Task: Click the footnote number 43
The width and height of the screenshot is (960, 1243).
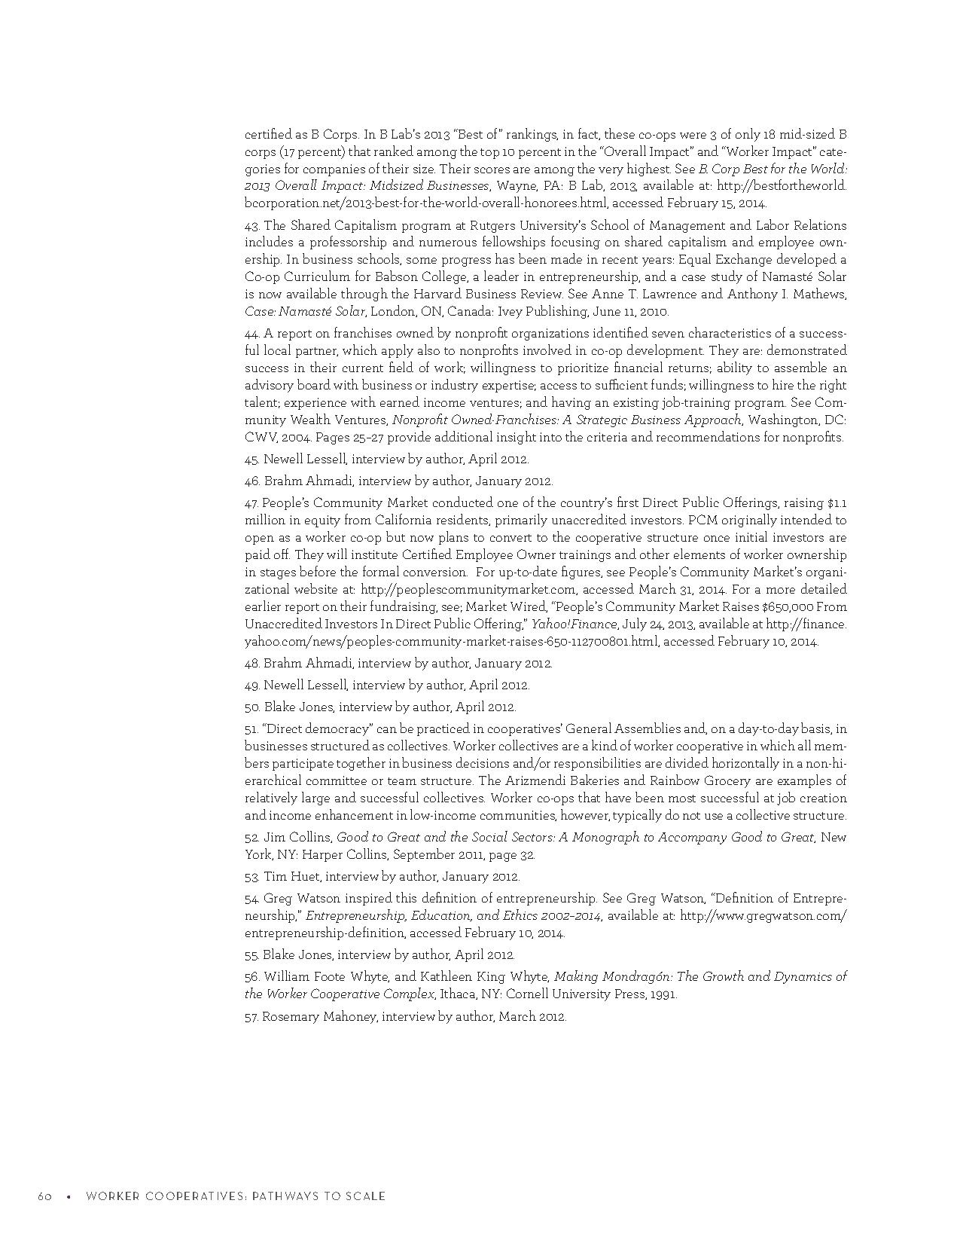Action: click(x=251, y=226)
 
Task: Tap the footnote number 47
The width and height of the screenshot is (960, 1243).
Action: click(x=251, y=503)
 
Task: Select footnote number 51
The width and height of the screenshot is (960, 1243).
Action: click(x=251, y=729)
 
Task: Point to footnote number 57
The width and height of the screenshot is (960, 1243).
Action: click(x=251, y=1017)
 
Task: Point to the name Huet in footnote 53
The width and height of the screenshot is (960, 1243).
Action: click(x=306, y=877)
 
